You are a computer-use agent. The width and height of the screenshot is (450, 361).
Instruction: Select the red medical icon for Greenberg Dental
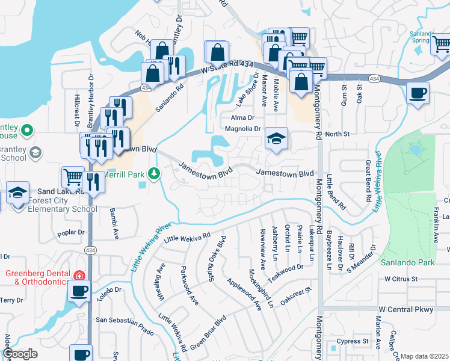tap(78, 276)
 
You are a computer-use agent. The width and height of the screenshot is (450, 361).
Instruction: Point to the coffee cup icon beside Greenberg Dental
tap(78, 292)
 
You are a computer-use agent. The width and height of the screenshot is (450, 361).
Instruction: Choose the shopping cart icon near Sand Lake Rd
tap(73, 177)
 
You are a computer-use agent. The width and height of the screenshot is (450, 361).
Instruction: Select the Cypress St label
tap(353, 341)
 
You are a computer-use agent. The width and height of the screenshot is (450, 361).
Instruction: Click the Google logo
tap(19, 354)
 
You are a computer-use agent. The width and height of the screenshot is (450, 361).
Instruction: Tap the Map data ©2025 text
tap(425, 356)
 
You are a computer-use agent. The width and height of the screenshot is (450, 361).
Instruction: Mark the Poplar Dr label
tap(73, 232)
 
